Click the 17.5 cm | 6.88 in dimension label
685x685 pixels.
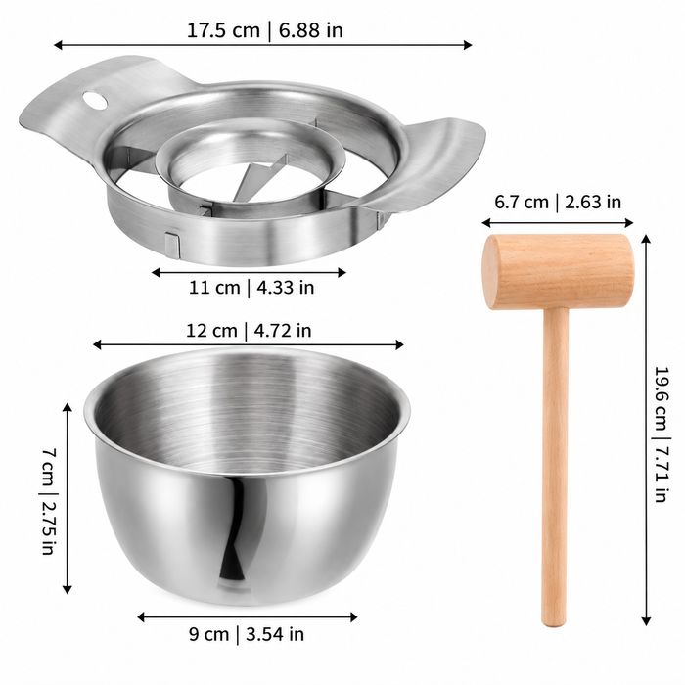(265, 30)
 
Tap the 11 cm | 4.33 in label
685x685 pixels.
(251, 288)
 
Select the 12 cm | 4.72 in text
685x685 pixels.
(249, 331)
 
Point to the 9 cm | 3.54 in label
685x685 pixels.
(247, 634)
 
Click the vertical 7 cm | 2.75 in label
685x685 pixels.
(49, 501)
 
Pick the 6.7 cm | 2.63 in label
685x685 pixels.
(558, 202)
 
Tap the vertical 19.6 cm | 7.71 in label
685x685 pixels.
(662, 434)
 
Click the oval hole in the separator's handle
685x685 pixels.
(95, 100)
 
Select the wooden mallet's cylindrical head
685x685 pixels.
(558, 271)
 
